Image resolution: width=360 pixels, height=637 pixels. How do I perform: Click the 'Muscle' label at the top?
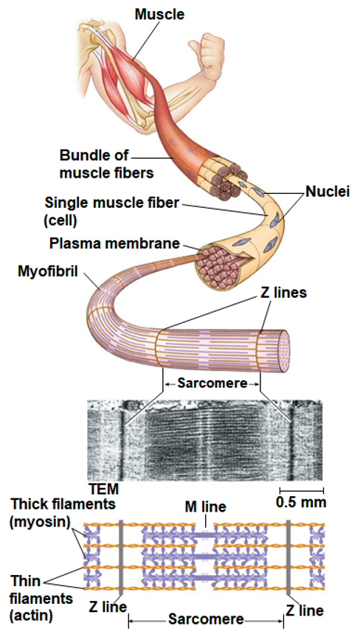pyautogui.click(x=159, y=14)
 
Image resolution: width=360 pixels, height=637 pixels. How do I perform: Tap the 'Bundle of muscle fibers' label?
pyautogui.click(x=96, y=164)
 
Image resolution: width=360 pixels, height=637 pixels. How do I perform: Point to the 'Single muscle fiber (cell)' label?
pyautogui.click(x=111, y=210)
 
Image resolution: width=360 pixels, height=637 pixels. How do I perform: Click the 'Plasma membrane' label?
pyautogui.click(x=114, y=243)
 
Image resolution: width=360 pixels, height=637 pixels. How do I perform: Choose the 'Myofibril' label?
pyautogui.click(x=48, y=271)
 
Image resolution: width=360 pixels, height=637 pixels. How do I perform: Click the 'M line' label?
pyautogui.click(x=205, y=507)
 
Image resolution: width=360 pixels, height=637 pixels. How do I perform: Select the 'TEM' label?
pyautogui.click(x=103, y=489)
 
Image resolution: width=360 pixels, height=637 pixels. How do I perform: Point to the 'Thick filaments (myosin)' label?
pyautogui.click(x=63, y=513)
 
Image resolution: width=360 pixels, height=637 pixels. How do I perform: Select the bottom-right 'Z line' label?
pyautogui.click(x=304, y=610)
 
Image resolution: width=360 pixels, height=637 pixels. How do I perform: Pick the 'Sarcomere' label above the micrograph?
pyautogui.click(x=210, y=383)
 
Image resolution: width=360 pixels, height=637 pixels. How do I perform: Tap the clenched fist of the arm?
pyautogui.click(x=212, y=47)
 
